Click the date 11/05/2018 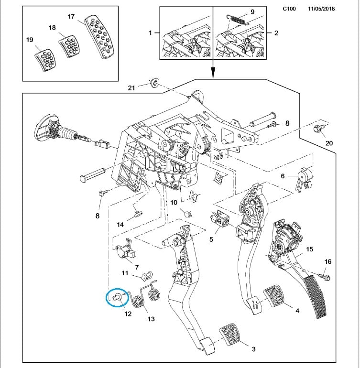click(321, 9)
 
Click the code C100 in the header click(289, 9)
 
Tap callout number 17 click(71, 17)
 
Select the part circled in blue click(118, 297)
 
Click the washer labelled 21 click(154, 82)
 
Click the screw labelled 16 click(325, 277)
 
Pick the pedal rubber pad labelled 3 click(230, 334)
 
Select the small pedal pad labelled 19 click(45, 60)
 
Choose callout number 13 click(151, 319)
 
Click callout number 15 click(310, 249)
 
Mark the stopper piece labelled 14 click(138, 213)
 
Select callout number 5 click(211, 239)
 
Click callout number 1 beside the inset click(150, 32)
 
